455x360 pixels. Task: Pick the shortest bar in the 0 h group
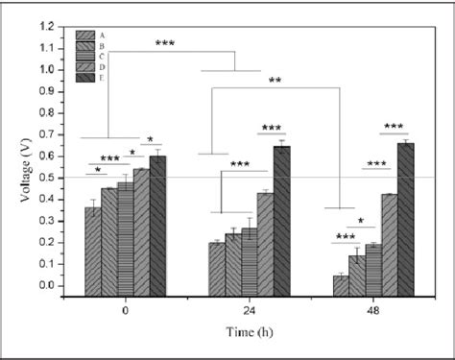pyautogui.click(x=92, y=246)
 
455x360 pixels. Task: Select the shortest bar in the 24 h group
pyautogui.click(x=217, y=264)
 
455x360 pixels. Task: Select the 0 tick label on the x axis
pyautogui.click(x=126, y=310)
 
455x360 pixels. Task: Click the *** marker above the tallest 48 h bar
pyautogui.click(x=394, y=127)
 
